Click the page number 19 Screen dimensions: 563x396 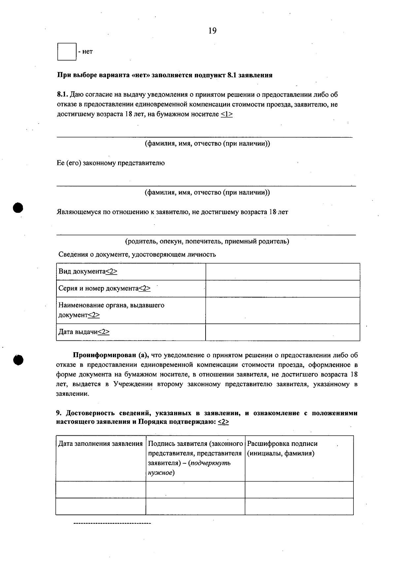coord(213,31)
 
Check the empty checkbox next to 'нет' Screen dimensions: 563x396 coord(67,52)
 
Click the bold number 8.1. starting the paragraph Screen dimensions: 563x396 coord(63,95)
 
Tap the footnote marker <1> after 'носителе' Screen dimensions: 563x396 coord(226,114)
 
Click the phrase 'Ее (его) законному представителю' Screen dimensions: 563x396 coord(111,163)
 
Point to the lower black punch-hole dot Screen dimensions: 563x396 coord(18,360)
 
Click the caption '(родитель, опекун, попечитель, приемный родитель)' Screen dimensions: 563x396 coord(207,241)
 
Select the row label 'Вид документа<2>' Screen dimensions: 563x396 coord(88,271)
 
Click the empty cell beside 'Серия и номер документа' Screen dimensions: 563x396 coord(282,289)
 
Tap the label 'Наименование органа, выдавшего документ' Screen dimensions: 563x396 coord(111,310)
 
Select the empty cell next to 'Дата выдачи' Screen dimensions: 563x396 coord(282,332)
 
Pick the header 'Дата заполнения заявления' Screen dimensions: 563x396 coord(100,444)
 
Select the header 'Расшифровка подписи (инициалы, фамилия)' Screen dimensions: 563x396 coord(282,449)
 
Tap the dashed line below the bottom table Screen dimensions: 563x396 coord(112,523)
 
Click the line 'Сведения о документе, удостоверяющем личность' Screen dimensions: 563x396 coord(137,255)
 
